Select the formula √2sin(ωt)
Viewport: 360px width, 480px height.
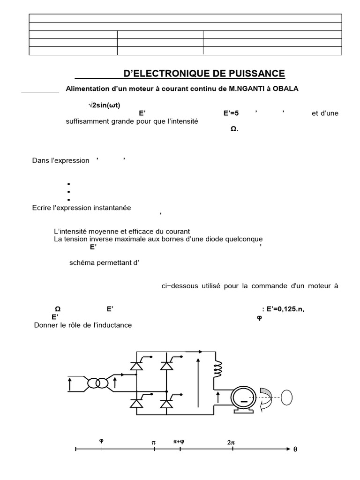[108, 105]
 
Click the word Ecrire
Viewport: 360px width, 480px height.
[43, 208]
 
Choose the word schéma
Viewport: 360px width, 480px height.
[82, 262]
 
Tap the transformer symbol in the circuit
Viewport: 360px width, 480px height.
[98, 383]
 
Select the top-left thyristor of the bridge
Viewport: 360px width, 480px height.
[137, 365]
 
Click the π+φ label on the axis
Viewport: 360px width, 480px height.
[179, 442]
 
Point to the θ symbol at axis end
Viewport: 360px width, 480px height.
[295, 450]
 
